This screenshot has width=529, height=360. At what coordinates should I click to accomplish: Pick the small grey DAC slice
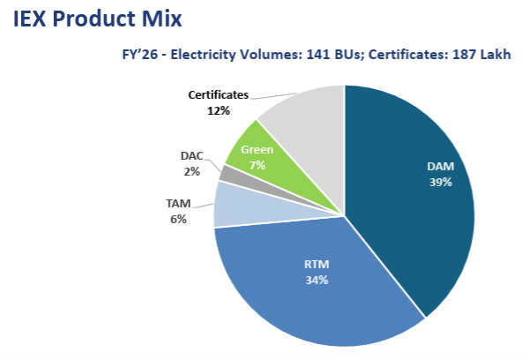pyautogui.click(x=227, y=173)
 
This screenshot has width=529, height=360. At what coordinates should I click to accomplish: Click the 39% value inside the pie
pyautogui.click(x=440, y=183)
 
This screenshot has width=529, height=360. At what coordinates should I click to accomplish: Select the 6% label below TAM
pyautogui.click(x=178, y=219)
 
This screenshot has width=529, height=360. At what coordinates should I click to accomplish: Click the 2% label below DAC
pyautogui.click(x=191, y=171)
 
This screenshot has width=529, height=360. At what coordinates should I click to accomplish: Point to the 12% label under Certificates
pyautogui.click(x=220, y=111)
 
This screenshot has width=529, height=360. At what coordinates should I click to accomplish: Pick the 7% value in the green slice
pyautogui.click(x=257, y=164)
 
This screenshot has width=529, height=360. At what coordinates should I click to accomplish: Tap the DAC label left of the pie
pyautogui.click(x=191, y=156)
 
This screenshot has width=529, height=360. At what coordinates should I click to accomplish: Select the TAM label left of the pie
pyautogui.click(x=178, y=204)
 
